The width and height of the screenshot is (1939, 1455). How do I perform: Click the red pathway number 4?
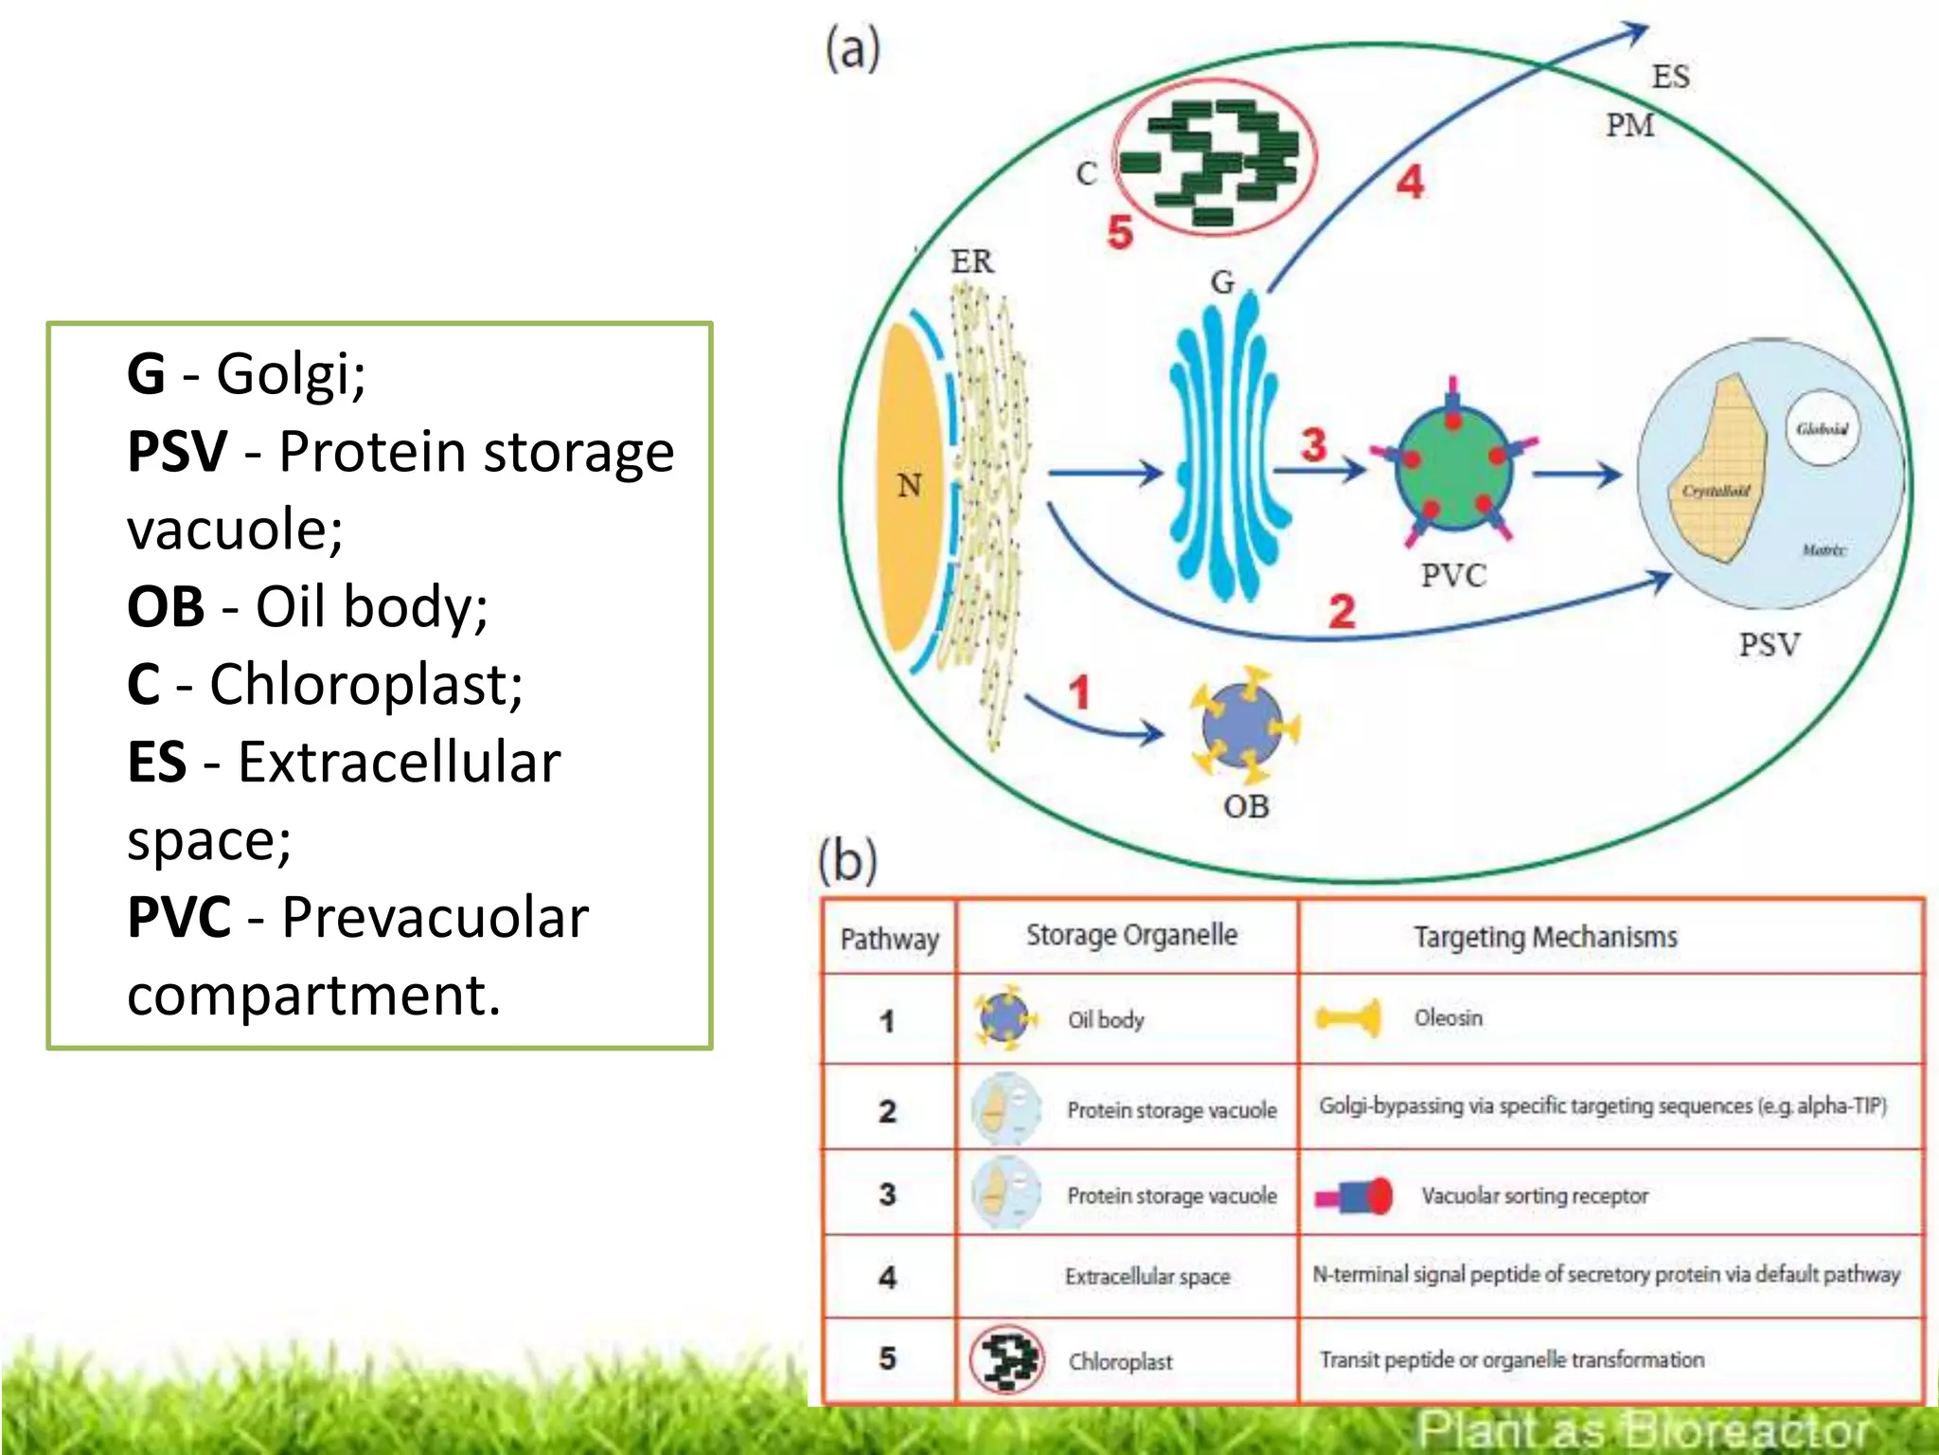tap(1410, 182)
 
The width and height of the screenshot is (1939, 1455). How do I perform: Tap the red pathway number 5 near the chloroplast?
tap(1120, 232)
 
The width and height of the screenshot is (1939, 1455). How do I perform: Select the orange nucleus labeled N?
tap(908, 486)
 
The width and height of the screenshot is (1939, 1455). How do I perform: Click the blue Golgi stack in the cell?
tap(1221, 445)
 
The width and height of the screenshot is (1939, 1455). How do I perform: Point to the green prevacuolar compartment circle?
tap(1453, 464)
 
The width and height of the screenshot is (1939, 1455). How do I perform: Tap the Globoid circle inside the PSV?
tap(1822, 429)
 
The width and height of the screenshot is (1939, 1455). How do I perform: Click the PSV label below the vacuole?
tap(1769, 645)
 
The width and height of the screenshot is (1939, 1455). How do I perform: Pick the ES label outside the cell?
tap(1670, 77)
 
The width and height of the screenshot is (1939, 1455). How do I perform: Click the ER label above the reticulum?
tap(971, 261)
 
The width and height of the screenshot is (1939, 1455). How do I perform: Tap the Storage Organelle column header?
tap(1131, 936)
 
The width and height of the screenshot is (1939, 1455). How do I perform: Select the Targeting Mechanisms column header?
tap(1545, 938)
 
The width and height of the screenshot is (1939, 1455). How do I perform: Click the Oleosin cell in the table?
tap(1448, 1018)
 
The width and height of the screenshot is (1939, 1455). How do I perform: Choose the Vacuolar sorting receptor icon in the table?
tap(1354, 1196)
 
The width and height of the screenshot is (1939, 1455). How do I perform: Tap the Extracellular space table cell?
tap(1147, 1277)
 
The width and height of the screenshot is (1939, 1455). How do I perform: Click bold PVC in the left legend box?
tap(179, 917)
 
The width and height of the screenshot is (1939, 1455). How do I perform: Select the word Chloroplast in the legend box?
tap(365, 684)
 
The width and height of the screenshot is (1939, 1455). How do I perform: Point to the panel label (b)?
tap(847, 860)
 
